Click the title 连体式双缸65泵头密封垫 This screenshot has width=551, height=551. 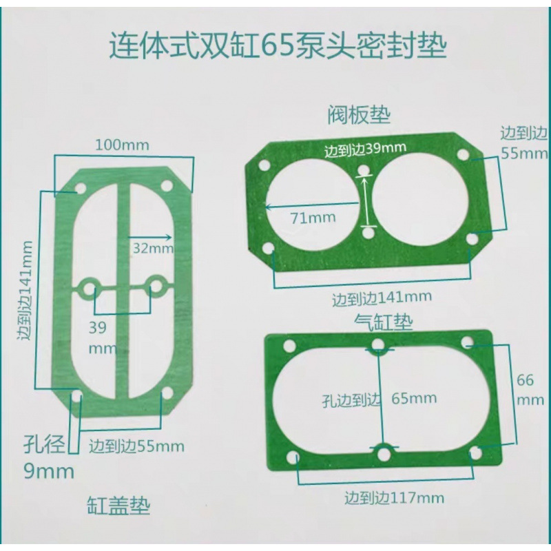tap(280, 48)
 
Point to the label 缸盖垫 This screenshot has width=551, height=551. tap(119, 506)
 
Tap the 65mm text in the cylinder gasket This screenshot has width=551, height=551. tap(414, 397)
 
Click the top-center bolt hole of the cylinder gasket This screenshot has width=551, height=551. tap(379, 345)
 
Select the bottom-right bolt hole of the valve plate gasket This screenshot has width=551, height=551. tap(472, 238)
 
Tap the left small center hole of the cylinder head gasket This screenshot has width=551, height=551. tap(88, 286)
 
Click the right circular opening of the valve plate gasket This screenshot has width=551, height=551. tap(422, 198)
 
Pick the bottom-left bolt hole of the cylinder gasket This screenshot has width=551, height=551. tap(294, 456)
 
